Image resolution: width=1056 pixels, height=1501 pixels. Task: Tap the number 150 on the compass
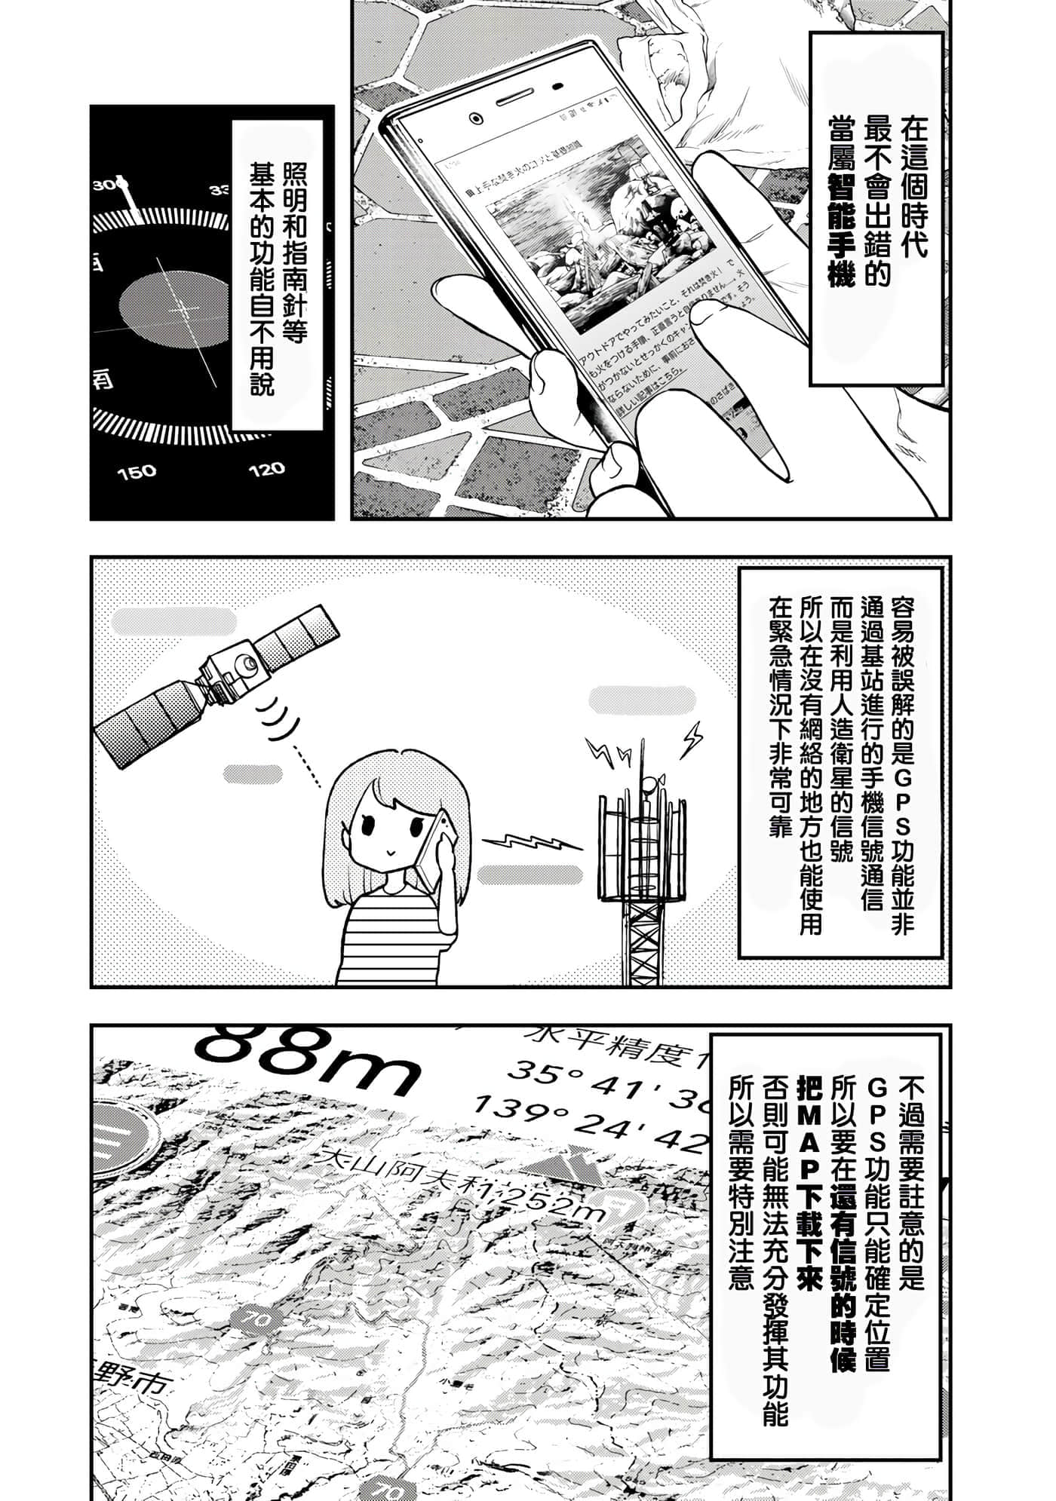pyautogui.click(x=137, y=472)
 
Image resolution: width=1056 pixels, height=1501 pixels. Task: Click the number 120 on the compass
pyautogui.click(x=267, y=469)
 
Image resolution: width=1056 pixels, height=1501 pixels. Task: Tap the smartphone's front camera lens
pyautogui.click(x=475, y=119)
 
